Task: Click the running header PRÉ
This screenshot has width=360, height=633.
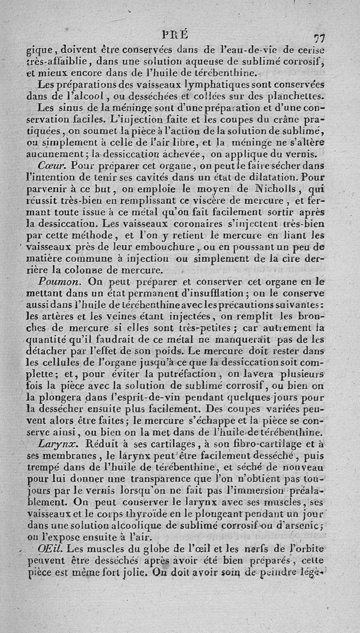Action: pos(180,33)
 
